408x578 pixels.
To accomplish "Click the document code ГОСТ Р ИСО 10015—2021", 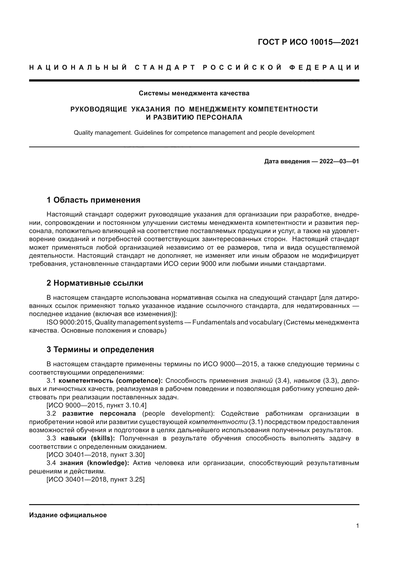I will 308,42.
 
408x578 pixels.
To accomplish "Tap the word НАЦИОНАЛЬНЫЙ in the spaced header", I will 78,67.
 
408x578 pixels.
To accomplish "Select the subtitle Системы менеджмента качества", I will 194,93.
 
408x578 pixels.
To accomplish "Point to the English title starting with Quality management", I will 194,133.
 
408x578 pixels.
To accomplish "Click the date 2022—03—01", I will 339,161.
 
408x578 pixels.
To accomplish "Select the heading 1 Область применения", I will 93,200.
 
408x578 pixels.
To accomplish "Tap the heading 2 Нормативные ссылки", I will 95,283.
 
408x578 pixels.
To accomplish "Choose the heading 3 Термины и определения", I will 100,350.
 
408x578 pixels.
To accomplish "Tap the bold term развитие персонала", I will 99,414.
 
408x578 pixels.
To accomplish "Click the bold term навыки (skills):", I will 88,438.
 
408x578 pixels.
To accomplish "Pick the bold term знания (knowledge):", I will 94,463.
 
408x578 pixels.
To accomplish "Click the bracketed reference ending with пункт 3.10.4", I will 96,405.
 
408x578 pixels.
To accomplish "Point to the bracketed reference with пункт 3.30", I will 95,455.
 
